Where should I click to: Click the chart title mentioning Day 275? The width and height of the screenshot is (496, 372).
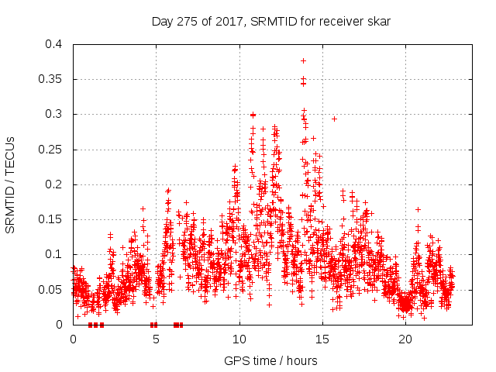270,22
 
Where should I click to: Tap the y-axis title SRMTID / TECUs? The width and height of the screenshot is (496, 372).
10,184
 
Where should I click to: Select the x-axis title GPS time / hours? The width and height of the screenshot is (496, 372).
270,360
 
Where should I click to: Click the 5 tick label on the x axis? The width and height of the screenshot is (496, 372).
156,339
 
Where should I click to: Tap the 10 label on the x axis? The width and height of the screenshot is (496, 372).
239,339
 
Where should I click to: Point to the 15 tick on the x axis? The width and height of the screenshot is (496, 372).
322,339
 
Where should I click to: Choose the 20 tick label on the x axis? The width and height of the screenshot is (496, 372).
405,339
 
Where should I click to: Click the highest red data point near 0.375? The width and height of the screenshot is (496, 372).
303,60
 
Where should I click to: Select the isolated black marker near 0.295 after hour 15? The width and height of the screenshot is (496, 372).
334,119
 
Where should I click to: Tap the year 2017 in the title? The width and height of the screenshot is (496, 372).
219,22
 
